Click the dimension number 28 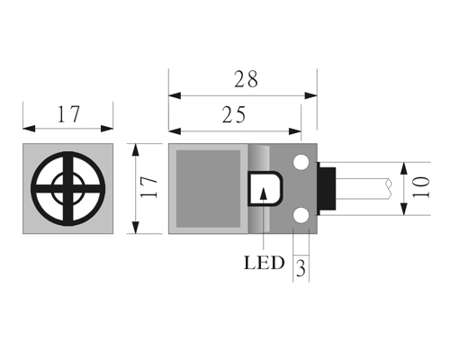click(x=246, y=79)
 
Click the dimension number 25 click(x=234, y=114)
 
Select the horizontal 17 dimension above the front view click(x=68, y=114)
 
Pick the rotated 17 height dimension click(x=148, y=187)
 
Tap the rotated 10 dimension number click(x=421, y=187)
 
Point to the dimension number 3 click(x=301, y=268)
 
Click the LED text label click(x=264, y=263)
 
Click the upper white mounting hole click(x=301, y=162)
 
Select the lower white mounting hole click(x=301, y=216)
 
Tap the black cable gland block click(x=327, y=189)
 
